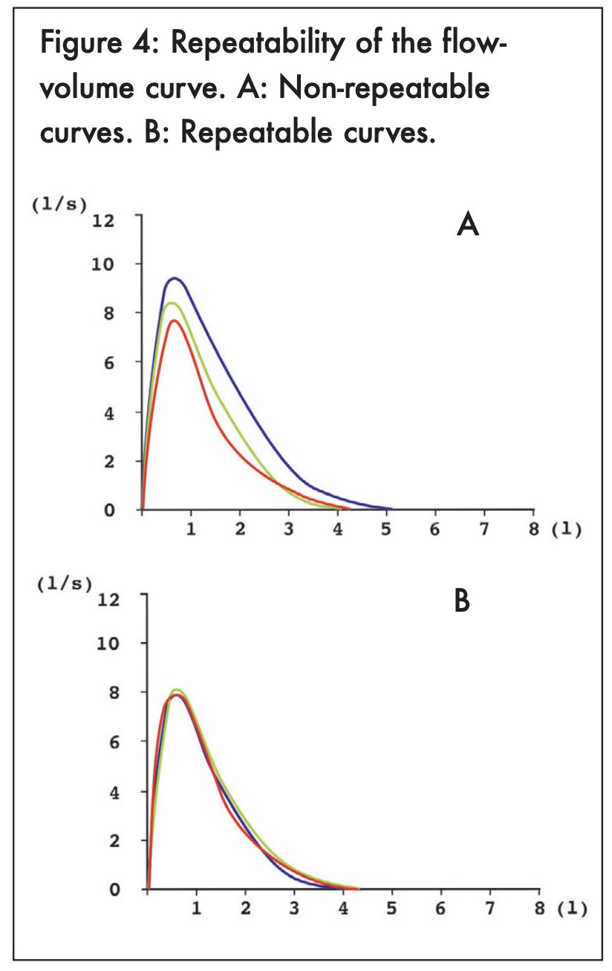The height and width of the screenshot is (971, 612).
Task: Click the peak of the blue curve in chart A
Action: click(175, 278)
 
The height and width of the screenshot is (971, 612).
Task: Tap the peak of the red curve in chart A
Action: click(173, 321)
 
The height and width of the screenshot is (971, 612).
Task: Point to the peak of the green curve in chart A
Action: click(172, 303)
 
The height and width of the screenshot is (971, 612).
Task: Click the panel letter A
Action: click(467, 223)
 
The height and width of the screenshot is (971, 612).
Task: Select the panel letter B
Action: click(462, 601)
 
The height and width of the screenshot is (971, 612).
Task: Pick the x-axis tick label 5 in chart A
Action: click(386, 531)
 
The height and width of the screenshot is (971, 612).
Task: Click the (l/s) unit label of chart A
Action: click(59, 205)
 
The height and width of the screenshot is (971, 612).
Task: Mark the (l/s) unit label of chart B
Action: click(65, 584)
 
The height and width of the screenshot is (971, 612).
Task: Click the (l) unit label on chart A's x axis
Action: click(566, 531)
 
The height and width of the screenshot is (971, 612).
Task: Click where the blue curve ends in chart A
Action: click(391, 509)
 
